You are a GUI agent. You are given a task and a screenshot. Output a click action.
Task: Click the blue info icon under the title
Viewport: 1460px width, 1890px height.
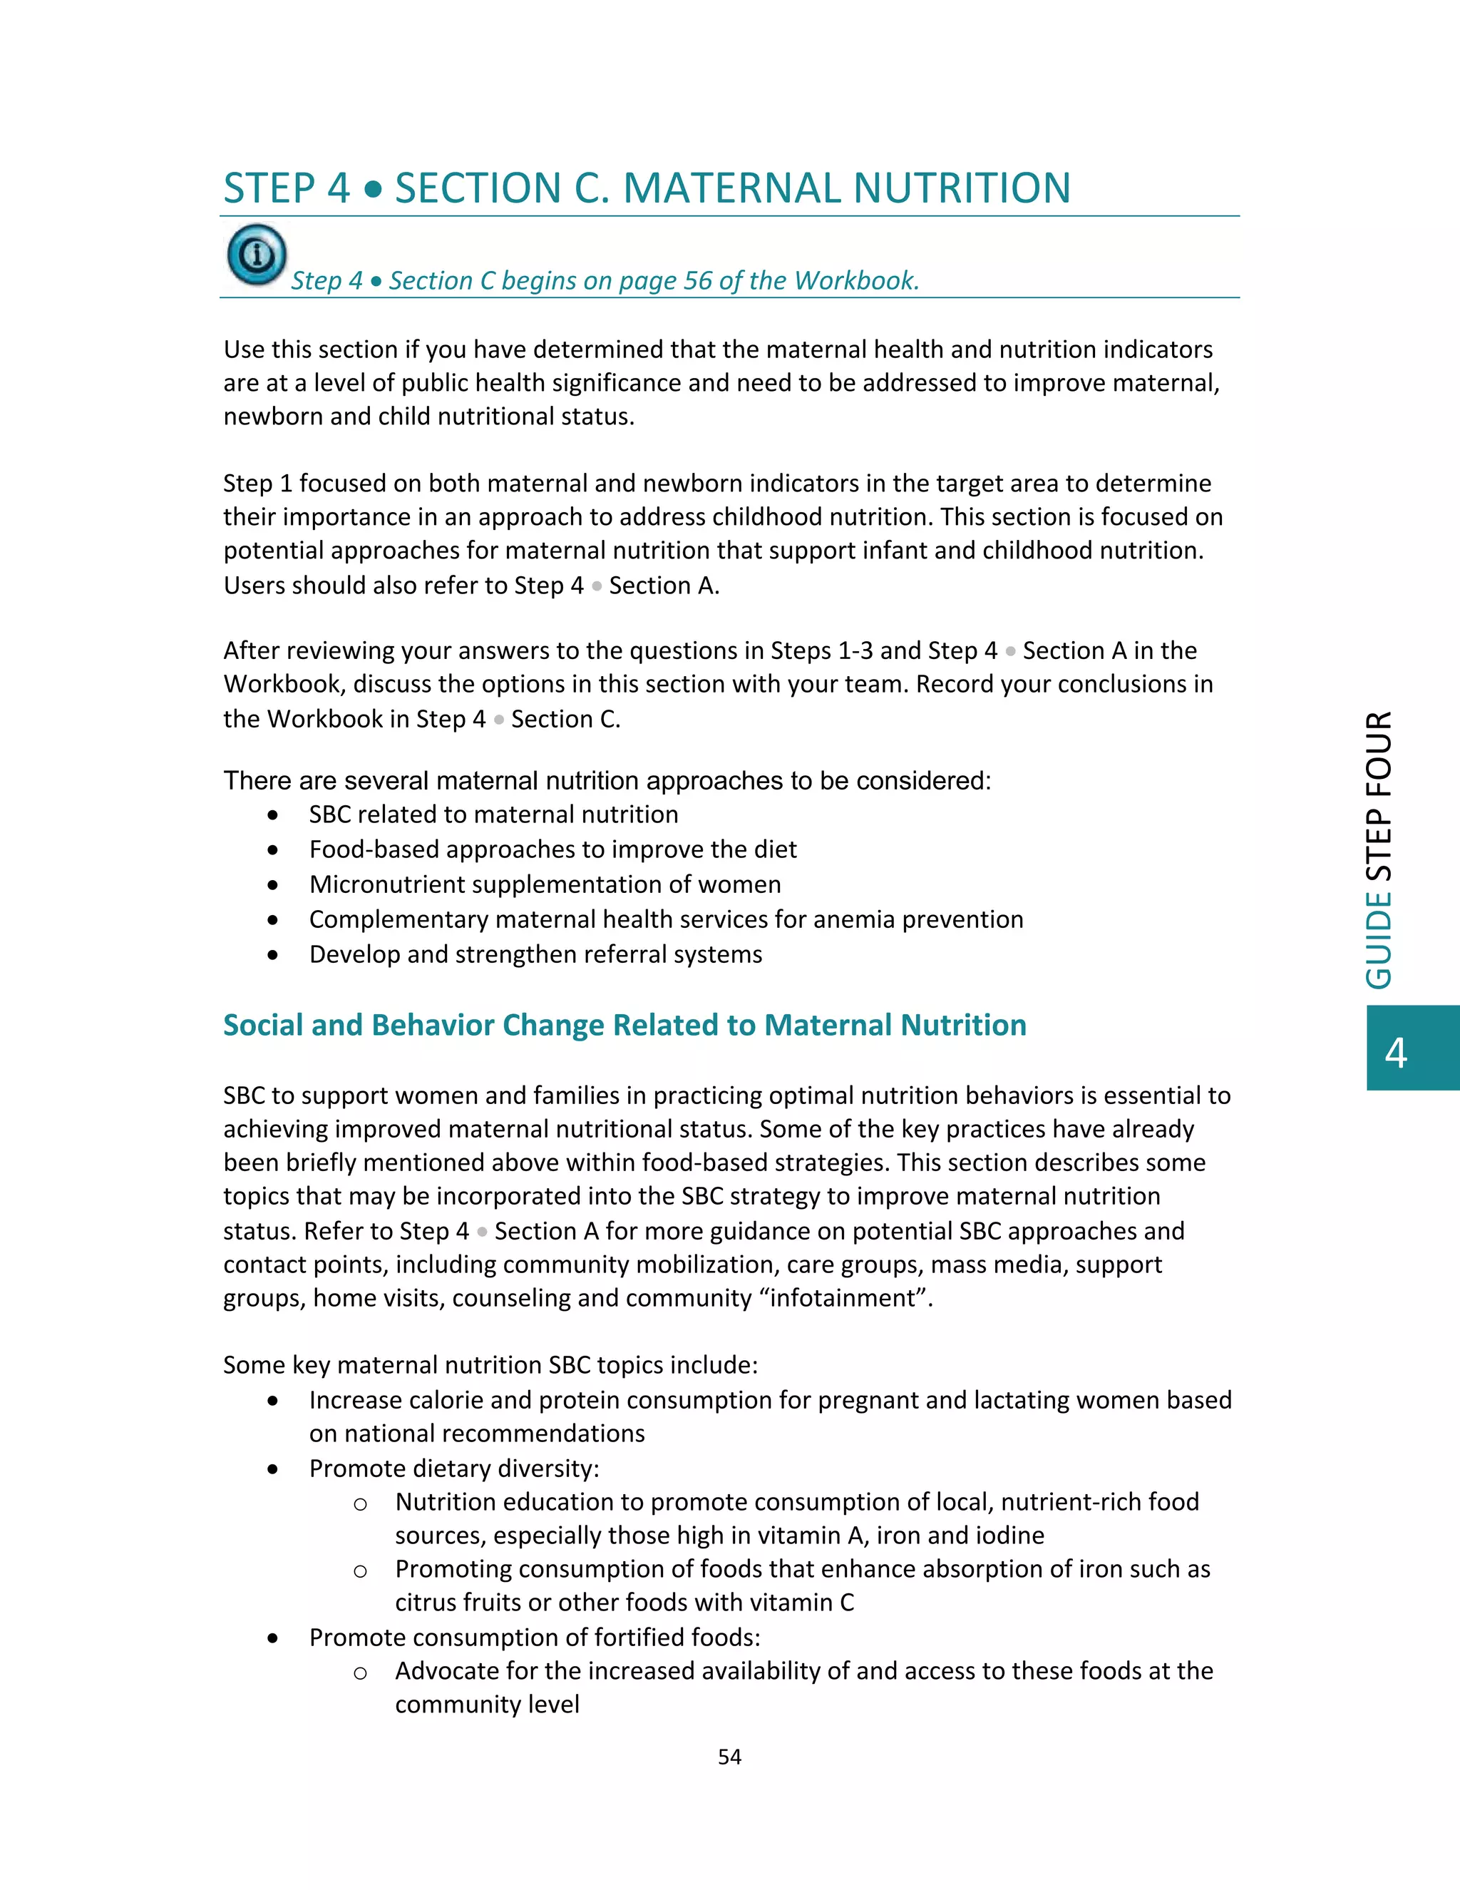[x=257, y=255]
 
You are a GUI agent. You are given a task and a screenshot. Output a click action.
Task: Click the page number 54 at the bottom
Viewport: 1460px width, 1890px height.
[x=729, y=1756]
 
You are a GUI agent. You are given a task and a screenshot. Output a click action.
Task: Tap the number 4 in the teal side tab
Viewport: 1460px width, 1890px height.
[x=1395, y=1052]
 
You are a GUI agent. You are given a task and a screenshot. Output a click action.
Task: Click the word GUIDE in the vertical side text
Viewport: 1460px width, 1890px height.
[x=1379, y=940]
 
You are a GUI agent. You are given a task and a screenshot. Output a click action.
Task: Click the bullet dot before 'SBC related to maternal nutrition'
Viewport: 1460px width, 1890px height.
[x=273, y=815]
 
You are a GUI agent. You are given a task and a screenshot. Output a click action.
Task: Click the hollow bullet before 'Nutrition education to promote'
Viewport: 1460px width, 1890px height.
[x=361, y=1504]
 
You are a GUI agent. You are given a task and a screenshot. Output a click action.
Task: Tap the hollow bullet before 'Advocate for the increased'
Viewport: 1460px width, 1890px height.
[x=361, y=1672]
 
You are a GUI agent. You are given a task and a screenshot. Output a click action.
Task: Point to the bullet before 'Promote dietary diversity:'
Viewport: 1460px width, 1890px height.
[x=273, y=1469]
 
